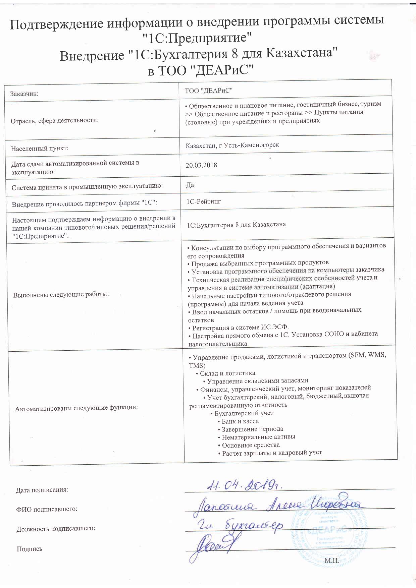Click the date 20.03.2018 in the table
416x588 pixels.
pos(201,165)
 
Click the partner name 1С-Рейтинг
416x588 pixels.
pos(204,201)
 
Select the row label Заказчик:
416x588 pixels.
pos(24,94)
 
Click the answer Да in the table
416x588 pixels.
pos(190,185)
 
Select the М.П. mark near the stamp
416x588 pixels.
pos(331,561)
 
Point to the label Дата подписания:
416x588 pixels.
pos(42,490)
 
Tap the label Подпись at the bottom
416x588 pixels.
pos(30,549)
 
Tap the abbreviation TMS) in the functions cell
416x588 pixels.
pos(197,365)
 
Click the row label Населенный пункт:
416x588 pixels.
pos(39,148)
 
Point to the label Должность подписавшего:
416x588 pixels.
pos(56,529)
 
